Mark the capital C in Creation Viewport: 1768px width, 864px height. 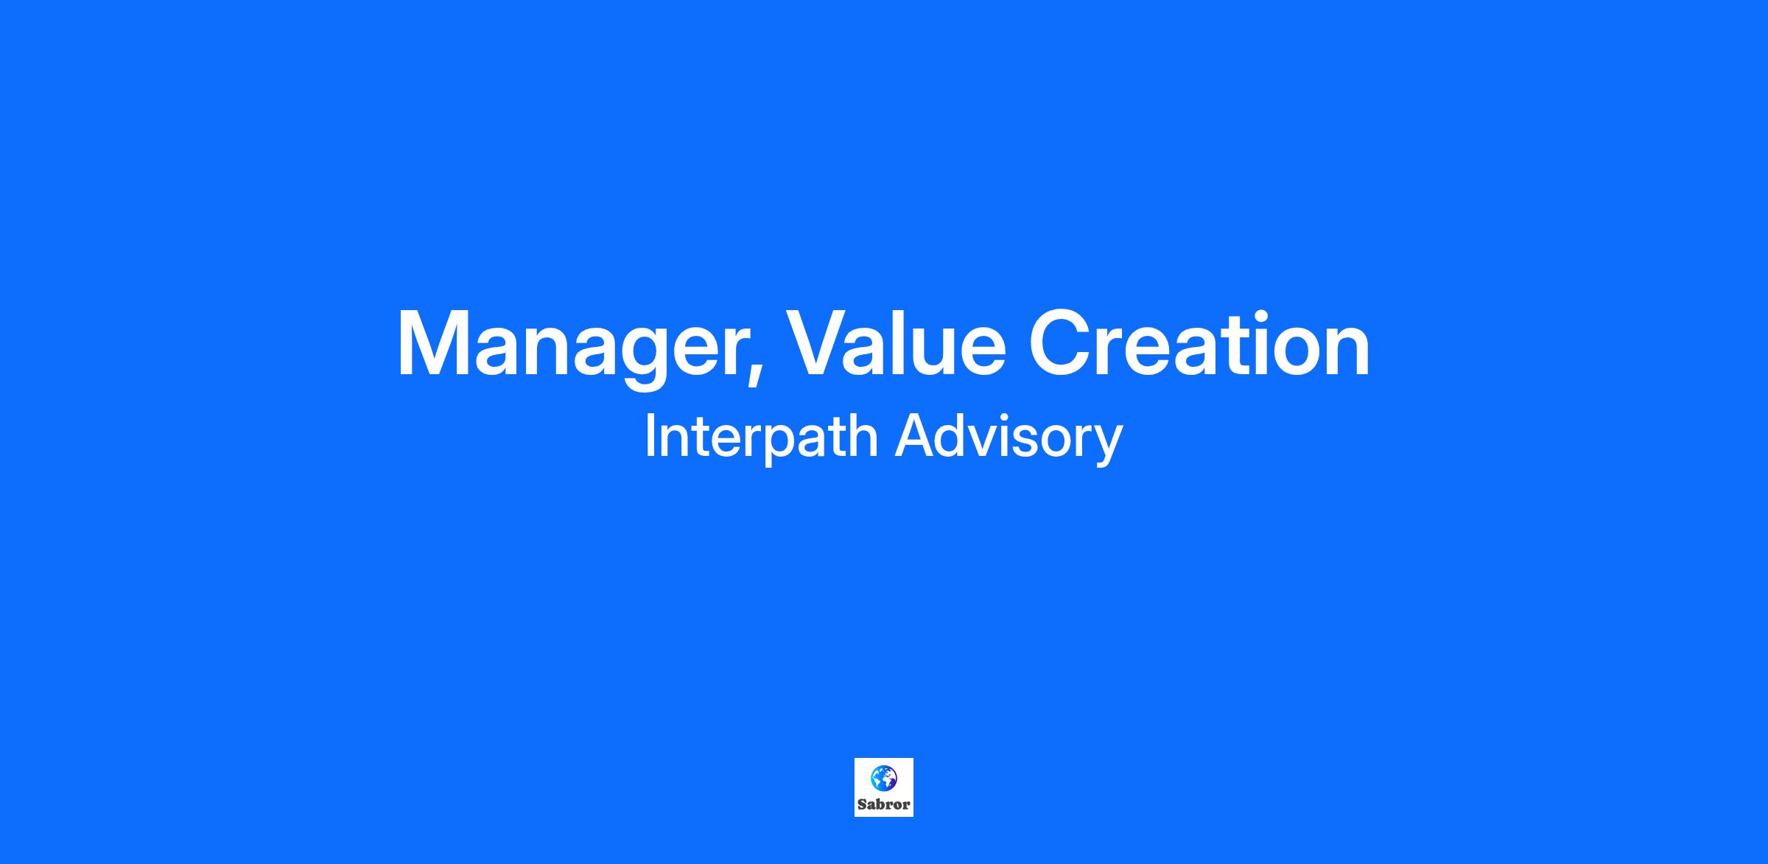(1060, 343)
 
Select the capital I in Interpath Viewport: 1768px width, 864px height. (650, 435)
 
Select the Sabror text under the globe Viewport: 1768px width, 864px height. (884, 805)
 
